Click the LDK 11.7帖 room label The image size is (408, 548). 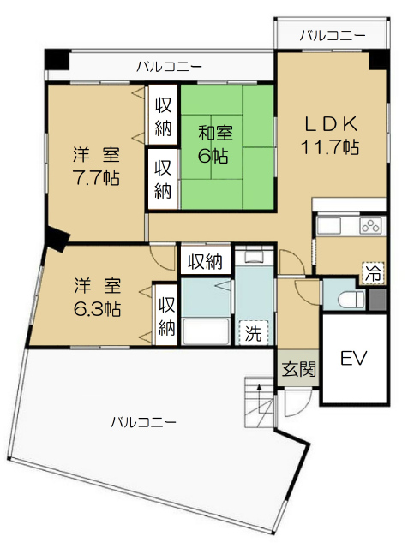click(330, 134)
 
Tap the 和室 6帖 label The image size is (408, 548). click(214, 145)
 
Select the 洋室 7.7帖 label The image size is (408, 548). click(96, 166)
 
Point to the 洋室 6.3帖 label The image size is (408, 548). click(97, 297)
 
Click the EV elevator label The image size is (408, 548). click(354, 358)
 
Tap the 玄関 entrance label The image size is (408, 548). click(299, 369)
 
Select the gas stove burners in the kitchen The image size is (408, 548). click(370, 226)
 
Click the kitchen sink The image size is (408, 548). click(328, 226)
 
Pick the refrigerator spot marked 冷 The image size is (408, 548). click(373, 273)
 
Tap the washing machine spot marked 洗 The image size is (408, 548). click(254, 332)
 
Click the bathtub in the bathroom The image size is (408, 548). click(206, 331)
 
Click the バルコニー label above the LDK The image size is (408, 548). click(333, 36)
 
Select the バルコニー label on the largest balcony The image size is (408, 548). click(143, 422)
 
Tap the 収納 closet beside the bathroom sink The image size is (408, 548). click(206, 261)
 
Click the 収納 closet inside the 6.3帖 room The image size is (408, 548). click(166, 316)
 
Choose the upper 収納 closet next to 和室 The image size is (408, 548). click(163, 115)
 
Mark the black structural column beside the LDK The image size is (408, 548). click(379, 60)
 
